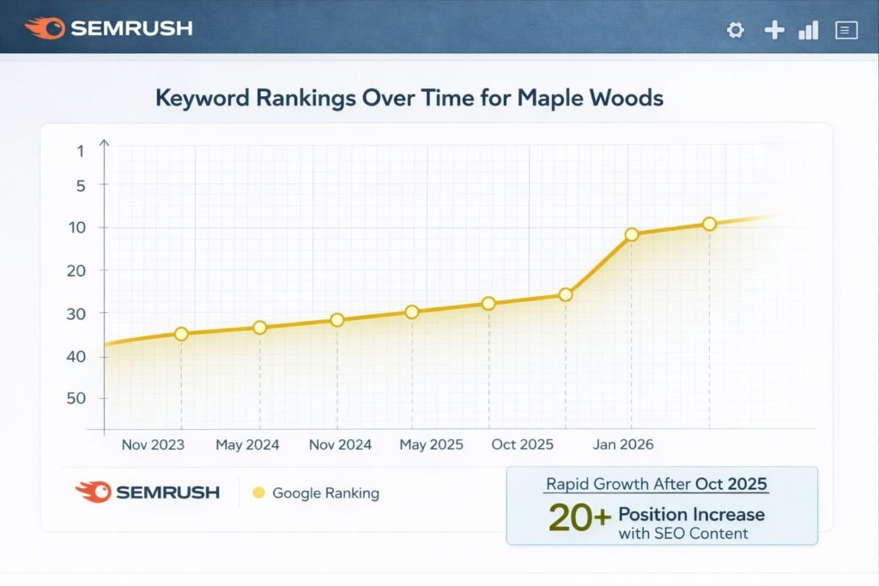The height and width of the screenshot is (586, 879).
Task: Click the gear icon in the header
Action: coord(735,30)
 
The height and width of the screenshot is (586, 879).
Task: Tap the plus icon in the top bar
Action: coord(774,30)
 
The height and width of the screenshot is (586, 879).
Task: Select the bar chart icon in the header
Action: coord(808,30)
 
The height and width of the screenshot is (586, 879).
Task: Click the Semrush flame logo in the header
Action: coord(44,28)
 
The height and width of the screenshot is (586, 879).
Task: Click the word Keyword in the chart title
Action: coord(203,98)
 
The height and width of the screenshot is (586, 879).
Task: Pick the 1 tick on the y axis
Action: coord(80,151)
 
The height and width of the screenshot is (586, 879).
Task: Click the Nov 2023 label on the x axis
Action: coord(153,444)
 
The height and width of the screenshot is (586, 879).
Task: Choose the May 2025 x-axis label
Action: coord(431,444)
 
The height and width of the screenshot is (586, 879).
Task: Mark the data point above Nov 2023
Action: coord(181,334)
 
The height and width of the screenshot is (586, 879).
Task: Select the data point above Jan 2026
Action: coord(632,234)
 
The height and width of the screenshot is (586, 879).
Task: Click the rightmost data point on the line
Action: coord(709,224)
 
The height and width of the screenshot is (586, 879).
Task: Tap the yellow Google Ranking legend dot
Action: coord(258,493)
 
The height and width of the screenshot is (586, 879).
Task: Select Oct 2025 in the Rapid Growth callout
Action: coord(731,484)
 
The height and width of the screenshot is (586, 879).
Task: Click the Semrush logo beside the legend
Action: coord(147,492)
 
